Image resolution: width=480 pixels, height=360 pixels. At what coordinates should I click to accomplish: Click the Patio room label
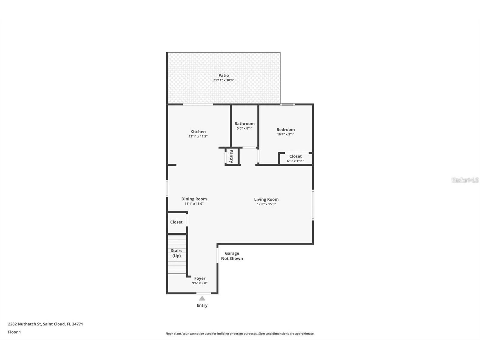tap(223, 75)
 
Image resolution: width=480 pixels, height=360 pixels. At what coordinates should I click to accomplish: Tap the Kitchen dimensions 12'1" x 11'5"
tap(198, 136)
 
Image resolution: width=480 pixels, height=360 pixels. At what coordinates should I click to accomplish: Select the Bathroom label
tap(244, 123)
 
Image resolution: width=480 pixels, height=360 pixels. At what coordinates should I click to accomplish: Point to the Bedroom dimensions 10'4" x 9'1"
tap(286, 134)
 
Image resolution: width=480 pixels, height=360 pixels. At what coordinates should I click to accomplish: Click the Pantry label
tap(231, 156)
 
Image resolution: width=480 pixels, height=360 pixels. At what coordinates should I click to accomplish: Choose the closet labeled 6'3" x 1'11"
tap(295, 158)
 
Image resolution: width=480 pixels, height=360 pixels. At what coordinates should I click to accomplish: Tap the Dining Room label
tap(194, 199)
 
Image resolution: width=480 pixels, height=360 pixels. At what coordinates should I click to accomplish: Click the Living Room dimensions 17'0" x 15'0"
tap(266, 204)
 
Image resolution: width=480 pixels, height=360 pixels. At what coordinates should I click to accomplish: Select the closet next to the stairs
tap(176, 222)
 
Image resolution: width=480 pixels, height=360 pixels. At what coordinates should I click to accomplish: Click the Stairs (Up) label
tap(176, 253)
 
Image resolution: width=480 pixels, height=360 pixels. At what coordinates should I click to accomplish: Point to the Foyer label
tap(200, 278)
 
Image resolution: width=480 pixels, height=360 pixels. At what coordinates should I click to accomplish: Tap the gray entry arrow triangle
tap(202, 298)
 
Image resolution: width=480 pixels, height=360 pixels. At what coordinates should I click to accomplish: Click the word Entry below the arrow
tap(202, 305)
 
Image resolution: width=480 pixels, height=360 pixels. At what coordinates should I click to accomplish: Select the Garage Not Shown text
tap(232, 256)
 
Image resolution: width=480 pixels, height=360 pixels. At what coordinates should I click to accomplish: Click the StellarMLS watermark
tap(465, 180)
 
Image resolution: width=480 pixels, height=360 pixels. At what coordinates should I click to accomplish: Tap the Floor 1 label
tap(14, 332)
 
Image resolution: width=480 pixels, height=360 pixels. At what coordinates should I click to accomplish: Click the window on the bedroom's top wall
tap(287, 104)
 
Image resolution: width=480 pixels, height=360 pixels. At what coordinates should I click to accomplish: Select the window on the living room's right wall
tap(313, 205)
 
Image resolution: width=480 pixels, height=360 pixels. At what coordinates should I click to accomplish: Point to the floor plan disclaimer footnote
tap(240, 334)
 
